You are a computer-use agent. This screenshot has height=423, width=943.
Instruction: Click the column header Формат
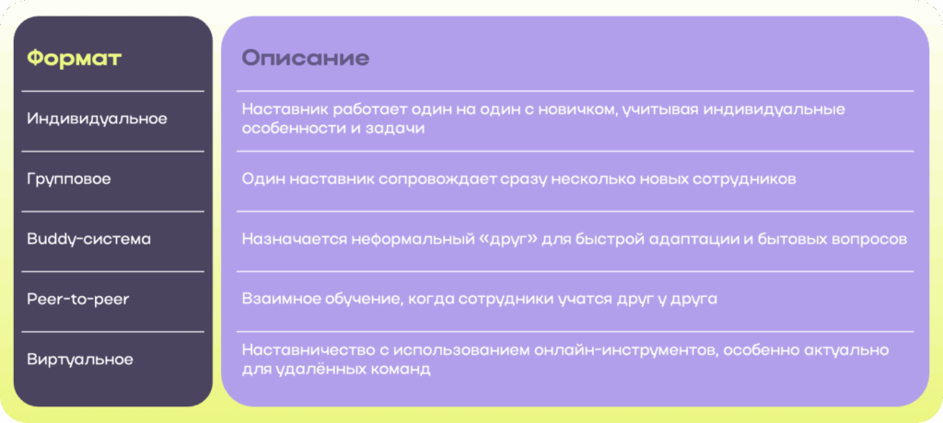pyautogui.click(x=75, y=58)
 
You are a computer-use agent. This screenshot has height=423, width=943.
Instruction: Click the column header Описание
pyautogui.click(x=306, y=58)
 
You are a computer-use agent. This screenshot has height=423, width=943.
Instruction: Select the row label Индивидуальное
pyautogui.click(x=97, y=119)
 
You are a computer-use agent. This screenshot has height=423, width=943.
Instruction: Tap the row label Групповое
pyautogui.click(x=69, y=179)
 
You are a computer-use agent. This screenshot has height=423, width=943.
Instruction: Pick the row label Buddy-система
pyautogui.click(x=89, y=239)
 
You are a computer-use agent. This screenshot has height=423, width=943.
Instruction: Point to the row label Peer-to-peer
pyautogui.click(x=78, y=299)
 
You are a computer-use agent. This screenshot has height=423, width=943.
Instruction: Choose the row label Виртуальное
pyautogui.click(x=80, y=360)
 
